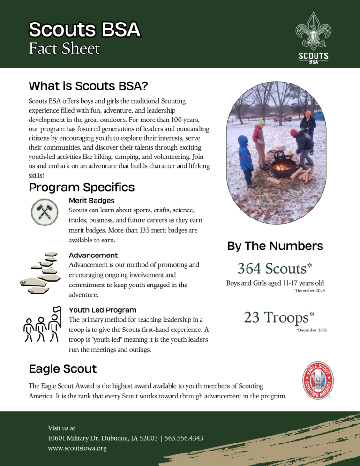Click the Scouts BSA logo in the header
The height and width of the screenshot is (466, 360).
tap(314, 37)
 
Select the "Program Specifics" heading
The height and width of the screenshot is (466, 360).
tap(82, 188)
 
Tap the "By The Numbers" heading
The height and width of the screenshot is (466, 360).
tap(275, 246)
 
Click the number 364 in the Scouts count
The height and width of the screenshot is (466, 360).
tap(249, 269)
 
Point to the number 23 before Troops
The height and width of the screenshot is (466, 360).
tap(252, 317)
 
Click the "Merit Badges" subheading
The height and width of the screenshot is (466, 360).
tap(91, 201)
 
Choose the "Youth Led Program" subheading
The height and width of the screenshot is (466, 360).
tap(103, 310)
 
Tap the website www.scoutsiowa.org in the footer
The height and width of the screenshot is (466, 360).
tap(77, 448)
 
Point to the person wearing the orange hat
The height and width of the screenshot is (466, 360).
tap(308, 124)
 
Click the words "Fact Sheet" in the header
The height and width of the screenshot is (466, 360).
tap(64, 49)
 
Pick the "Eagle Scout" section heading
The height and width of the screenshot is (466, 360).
tap(63, 369)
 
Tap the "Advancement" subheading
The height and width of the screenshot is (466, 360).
tap(93, 256)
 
